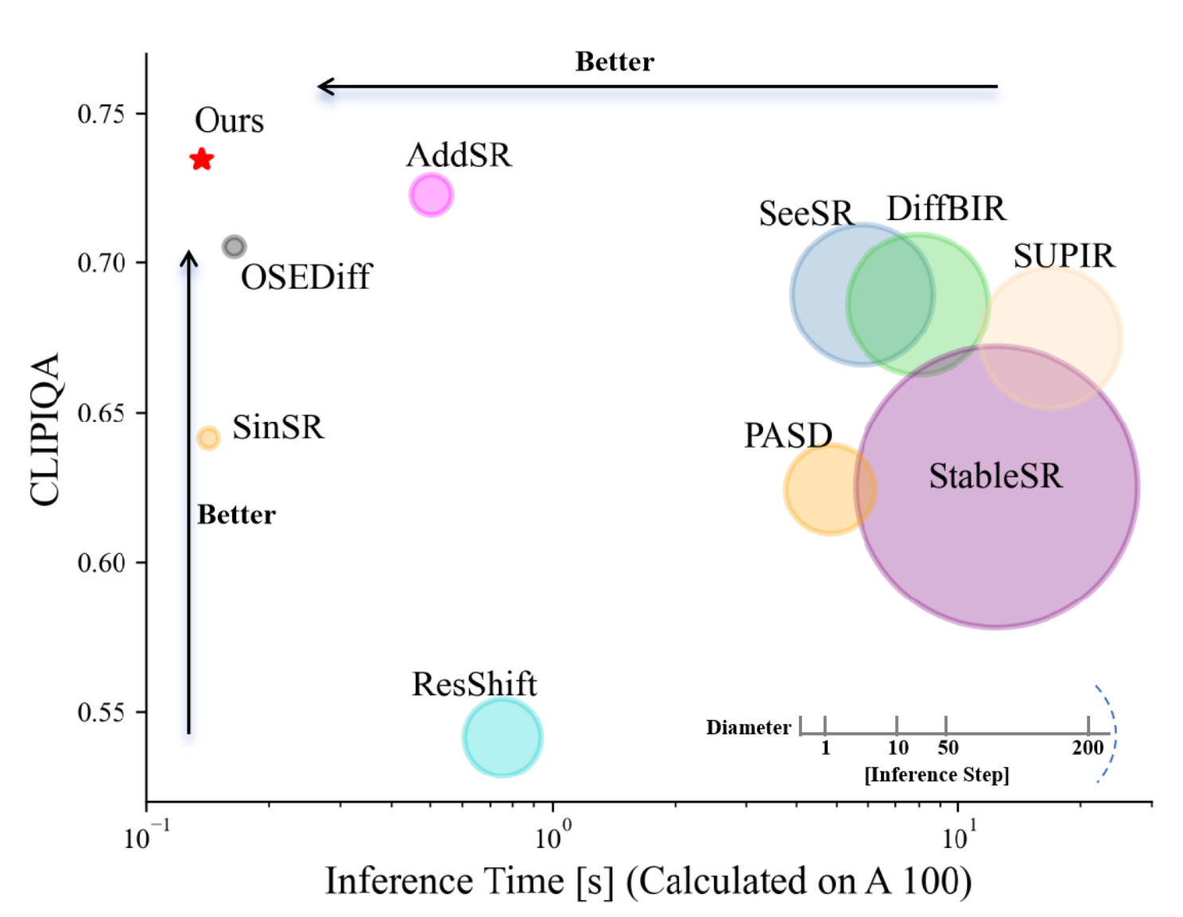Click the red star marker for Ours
coord(202,159)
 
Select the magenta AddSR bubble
coord(431,195)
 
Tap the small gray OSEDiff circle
coord(234,246)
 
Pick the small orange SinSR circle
coord(208,438)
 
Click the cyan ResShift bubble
coord(502,737)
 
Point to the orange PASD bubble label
coord(787,435)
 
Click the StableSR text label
coord(995,476)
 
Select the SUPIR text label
coord(1064,256)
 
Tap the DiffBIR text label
coord(946,209)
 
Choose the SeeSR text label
coord(805,213)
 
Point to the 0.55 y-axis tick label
coord(102,712)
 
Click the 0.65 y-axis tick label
coord(102,413)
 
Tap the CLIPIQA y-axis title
coord(45,429)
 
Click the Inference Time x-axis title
coord(648,881)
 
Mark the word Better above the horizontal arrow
coord(615,62)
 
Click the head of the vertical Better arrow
coord(188,256)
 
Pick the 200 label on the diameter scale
coord(1088,748)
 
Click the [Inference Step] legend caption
coord(937,774)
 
